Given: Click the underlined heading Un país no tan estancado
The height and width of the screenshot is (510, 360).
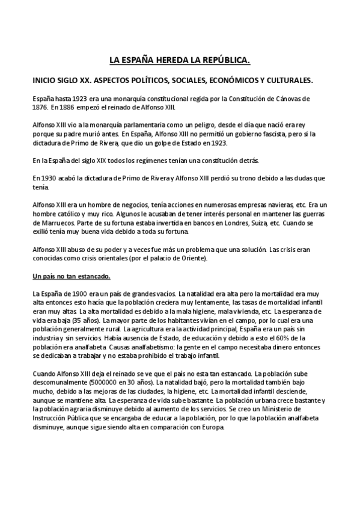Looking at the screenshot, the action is tap(71, 277).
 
